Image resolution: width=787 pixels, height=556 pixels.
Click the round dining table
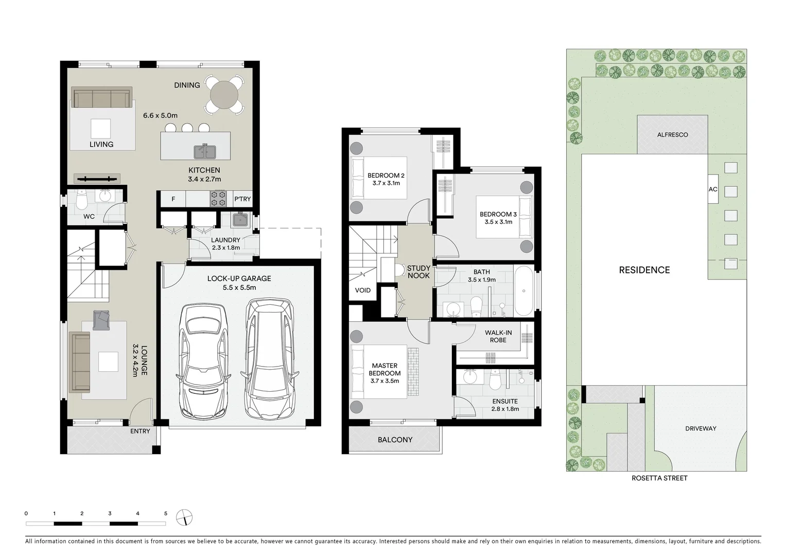click(224, 94)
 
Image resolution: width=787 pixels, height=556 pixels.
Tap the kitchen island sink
click(205, 151)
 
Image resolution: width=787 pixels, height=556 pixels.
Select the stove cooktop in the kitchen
click(219, 199)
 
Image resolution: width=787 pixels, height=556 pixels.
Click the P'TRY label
click(242, 199)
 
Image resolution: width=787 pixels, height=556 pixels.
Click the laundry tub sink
click(239, 220)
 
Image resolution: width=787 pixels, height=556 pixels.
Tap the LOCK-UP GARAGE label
click(239, 279)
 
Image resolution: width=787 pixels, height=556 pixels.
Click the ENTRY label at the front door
click(140, 431)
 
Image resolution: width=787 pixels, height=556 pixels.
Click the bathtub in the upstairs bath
click(524, 291)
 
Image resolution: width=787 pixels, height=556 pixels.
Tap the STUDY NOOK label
click(418, 272)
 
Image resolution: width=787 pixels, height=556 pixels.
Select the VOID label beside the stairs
click(363, 290)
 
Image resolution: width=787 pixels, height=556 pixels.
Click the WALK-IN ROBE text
click(498, 336)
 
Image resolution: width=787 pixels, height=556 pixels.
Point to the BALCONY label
click(395, 440)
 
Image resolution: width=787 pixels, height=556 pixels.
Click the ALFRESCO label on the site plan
click(672, 135)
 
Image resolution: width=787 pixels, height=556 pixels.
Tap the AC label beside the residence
click(713, 189)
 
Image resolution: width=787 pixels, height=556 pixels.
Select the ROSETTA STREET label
click(659, 478)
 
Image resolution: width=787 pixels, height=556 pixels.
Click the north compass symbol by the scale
click(184, 517)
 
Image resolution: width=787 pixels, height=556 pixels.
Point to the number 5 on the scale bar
click(165, 513)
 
